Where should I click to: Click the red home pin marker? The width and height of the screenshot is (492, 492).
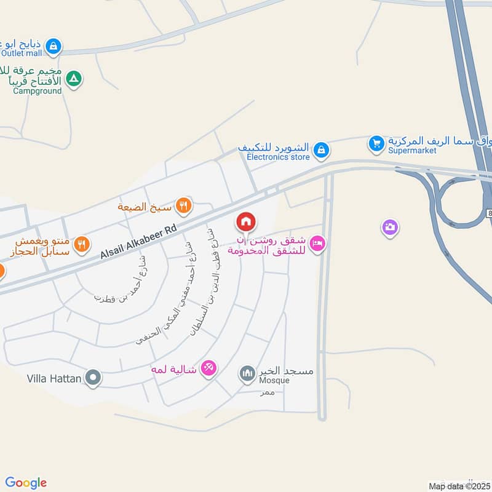pos(246,221)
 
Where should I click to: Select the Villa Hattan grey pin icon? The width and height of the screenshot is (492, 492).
pos(93,376)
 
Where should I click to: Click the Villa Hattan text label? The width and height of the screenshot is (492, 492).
pos(54,379)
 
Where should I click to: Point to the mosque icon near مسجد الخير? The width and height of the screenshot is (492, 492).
pos(247,373)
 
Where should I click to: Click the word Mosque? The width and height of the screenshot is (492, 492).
pos(274,381)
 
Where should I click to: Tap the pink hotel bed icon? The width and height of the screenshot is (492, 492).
pos(317,244)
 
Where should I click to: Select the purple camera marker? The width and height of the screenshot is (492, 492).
pos(389,228)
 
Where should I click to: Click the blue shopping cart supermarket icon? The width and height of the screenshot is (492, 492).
pos(376,144)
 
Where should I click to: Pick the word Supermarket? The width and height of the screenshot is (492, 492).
pos(412,151)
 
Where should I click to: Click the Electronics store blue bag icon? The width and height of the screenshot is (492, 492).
pos(320,149)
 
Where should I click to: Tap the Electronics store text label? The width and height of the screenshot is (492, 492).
pos(278,157)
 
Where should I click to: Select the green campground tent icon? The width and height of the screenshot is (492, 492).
pos(74,79)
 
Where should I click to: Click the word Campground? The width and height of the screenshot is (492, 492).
pos(37,91)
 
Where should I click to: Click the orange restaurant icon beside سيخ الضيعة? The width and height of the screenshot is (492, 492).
pos(183,205)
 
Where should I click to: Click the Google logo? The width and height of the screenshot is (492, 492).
pos(26,483)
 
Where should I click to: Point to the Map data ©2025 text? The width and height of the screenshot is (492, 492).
pos(459,486)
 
